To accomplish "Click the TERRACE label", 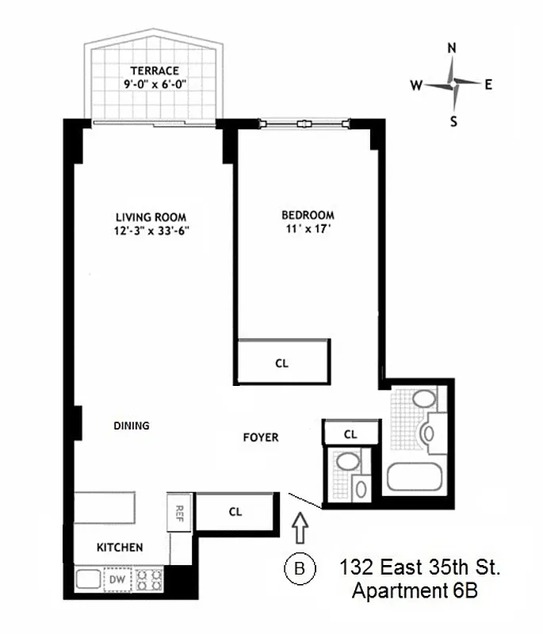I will [155, 71].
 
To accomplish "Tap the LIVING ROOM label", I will [151, 217].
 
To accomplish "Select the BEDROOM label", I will [308, 215].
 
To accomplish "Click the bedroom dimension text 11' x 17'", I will [308, 230].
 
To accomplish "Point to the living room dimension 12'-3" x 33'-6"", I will [151, 231].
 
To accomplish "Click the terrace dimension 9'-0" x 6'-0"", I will [155, 84].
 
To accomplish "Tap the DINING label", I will [132, 426].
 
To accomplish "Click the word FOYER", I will [260, 437].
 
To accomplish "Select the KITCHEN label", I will [120, 548].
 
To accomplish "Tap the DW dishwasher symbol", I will [117, 580].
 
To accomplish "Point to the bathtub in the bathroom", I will [416, 475].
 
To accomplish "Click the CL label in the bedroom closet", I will [282, 364].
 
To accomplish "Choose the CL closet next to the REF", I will [235, 511].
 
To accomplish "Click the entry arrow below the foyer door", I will [300, 525].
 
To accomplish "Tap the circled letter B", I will [300, 567].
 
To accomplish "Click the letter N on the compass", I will [453, 48].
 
